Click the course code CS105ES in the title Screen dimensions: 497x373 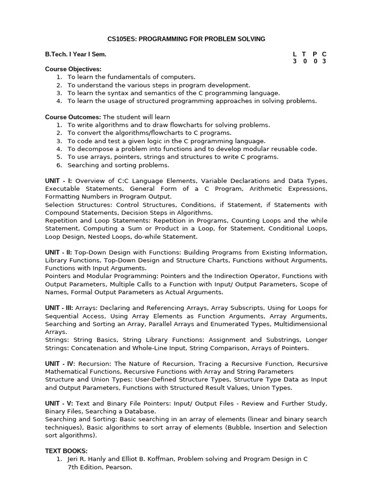pyautogui.click(x=121, y=39)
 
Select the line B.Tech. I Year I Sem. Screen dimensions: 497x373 pyautogui.click(x=76, y=54)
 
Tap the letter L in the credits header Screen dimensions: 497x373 pyautogui.click(x=295, y=54)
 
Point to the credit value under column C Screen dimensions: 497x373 pyautogui.click(x=324, y=62)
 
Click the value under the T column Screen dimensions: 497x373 pyautogui.click(x=305, y=62)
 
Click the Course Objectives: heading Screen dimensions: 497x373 pyautogui.click(x=73, y=69)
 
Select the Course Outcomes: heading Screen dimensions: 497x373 pyautogui.click(x=73, y=117)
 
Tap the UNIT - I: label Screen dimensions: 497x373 pyautogui.click(x=59, y=181)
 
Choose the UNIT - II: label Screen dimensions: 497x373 pyautogui.click(x=59, y=252)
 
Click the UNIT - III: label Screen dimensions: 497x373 pyautogui.click(x=60, y=308)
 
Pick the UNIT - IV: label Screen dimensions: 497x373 pyautogui.click(x=60, y=364)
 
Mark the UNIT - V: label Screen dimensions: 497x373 pyautogui.click(x=59, y=404)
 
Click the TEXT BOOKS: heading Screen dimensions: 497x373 pyautogui.click(x=67, y=451)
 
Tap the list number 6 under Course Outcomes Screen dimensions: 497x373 pyautogui.click(x=59, y=165)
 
